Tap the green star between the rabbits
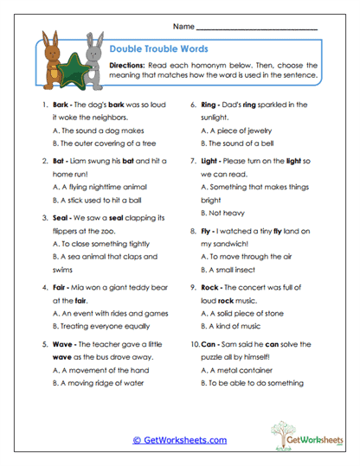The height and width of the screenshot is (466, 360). [x=73, y=65]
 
